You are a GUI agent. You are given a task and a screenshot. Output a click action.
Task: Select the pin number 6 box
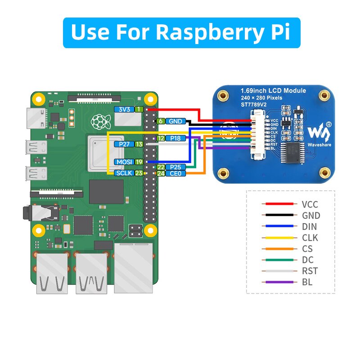coord(161,121)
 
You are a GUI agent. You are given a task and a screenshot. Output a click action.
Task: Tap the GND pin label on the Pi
coord(175,121)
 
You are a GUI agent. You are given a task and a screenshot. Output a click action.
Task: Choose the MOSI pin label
coord(124,162)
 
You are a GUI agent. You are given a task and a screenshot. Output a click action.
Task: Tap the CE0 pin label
coord(175,173)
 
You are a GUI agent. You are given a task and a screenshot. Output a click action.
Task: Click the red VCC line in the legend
coord(279,204)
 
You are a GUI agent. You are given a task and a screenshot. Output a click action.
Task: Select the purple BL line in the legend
coord(279,283)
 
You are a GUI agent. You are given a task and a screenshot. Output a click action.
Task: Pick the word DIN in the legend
coord(310,227)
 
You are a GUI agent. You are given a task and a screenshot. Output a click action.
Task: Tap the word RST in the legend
coord(310,271)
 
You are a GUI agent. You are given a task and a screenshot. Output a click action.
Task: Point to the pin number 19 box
coord(139,162)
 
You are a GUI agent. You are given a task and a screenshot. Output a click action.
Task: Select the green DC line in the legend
coord(279,260)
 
